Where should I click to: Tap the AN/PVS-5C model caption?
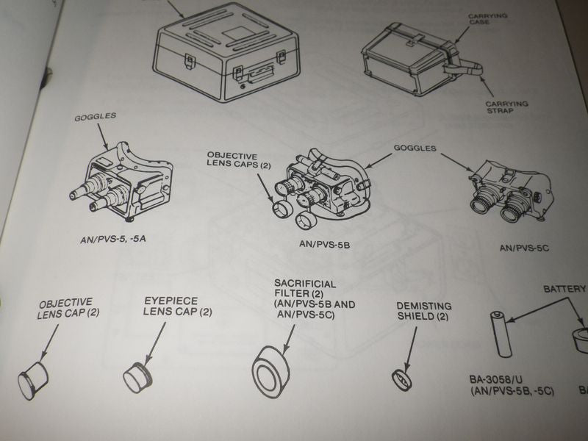(524, 248)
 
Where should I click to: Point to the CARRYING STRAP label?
(506, 109)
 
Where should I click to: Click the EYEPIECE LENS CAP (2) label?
(177, 306)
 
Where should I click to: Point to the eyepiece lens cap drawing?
(137, 377)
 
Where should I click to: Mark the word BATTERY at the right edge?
(564, 290)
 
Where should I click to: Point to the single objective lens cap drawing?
(33, 380)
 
